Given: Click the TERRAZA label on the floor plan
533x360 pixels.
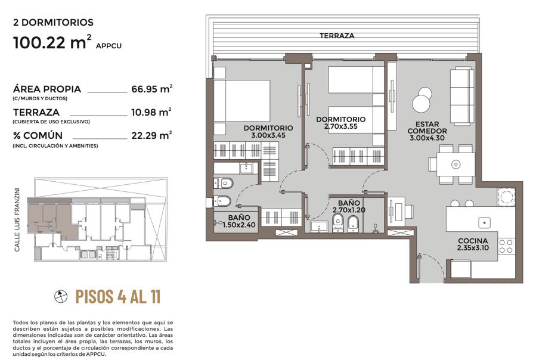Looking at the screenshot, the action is [x=336, y=36].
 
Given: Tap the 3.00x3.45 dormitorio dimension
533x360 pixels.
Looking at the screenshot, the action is [x=268, y=135].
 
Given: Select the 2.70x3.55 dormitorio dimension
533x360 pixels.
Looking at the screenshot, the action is [x=340, y=126].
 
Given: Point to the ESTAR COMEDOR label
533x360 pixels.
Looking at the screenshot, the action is [x=427, y=128].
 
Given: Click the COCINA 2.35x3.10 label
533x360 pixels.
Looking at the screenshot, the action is [x=473, y=244].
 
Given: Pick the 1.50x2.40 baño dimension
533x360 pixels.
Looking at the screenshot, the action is [x=239, y=225].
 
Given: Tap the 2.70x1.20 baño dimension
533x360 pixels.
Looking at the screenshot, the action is [x=349, y=210].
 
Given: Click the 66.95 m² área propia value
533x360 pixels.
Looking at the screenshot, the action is [x=151, y=89].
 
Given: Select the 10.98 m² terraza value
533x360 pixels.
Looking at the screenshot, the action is [x=151, y=112].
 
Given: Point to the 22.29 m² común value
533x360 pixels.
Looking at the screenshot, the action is [x=151, y=135].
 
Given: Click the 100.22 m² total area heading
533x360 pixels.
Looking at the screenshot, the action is [x=52, y=42].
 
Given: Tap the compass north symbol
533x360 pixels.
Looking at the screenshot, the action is [x=61, y=296].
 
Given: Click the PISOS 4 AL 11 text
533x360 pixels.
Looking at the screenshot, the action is [x=117, y=296].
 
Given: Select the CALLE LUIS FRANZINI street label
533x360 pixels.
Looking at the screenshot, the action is [x=17, y=219].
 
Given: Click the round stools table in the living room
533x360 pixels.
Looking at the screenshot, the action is [x=422, y=100].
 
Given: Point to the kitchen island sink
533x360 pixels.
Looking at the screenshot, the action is [x=484, y=223].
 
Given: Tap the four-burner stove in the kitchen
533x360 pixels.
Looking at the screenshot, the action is [x=506, y=246].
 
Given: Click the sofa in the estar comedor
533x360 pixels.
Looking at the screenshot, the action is [x=462, y=95].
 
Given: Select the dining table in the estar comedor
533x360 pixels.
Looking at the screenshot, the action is [x=455, y=165].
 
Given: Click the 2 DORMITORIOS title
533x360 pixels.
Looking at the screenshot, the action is [x=53, y=23].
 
